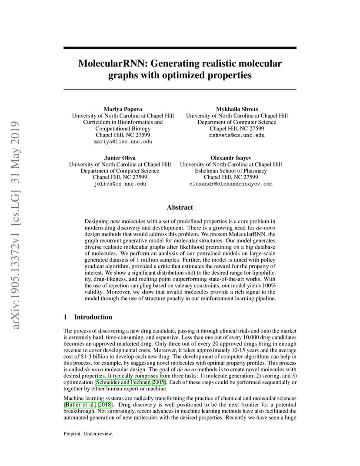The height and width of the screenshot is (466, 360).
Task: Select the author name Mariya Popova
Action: pos(123,109)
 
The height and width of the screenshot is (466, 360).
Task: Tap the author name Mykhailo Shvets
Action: pos(237,109)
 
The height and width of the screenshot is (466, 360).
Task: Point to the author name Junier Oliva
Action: pos(120,158)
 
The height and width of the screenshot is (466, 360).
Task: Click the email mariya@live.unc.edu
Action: pos(123,142)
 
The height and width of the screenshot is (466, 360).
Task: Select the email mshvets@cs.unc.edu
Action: pos(237,135)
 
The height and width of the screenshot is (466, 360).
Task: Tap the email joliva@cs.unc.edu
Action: pos(120,184)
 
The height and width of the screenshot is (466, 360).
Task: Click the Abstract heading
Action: pos(180,207)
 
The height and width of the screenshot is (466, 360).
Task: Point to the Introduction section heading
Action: pos(93,317)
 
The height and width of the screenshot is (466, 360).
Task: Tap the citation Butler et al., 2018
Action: pos(85,404)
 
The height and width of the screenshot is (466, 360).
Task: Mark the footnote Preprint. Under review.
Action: pos(88,433)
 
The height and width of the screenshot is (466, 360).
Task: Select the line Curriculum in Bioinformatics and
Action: pos(123,122)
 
